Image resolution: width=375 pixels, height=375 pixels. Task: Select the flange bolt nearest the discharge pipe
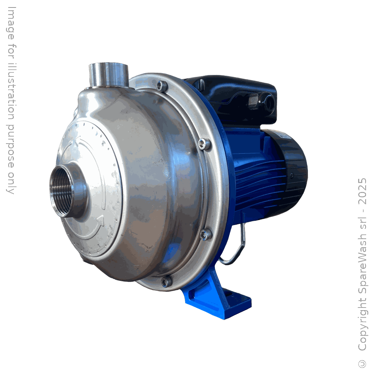coord(162,86)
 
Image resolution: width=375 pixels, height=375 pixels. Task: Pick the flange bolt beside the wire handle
coord(206,234)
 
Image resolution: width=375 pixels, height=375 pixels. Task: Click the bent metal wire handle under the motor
coord(234,247)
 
